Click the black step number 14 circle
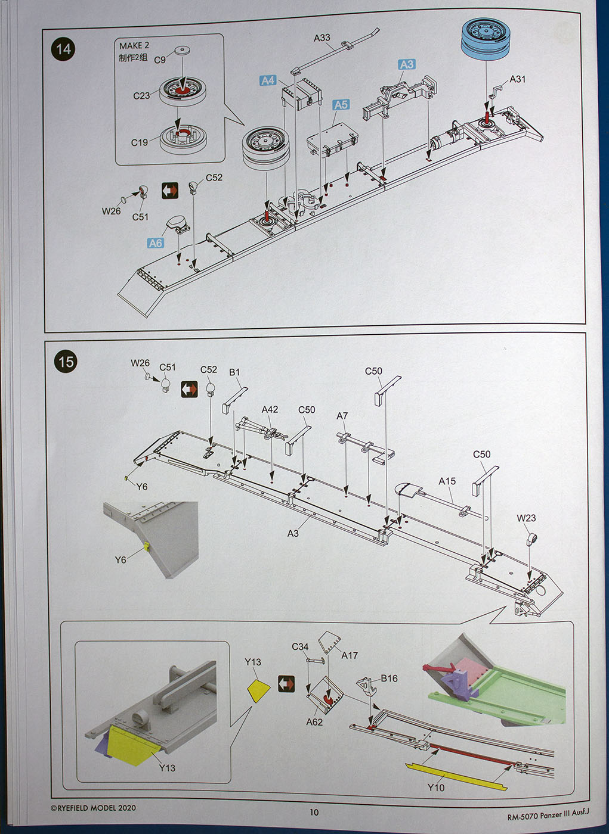tap(64, 49)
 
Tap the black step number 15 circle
tap(66, 362)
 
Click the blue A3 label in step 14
tap(406, 64)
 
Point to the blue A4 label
tap(268, 80)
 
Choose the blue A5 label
tap(340, 105)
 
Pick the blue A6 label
tap(155, 243)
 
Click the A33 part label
tap(321, 38)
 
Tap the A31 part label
tap(517, 79)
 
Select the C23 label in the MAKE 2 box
tap(141, 95)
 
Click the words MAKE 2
tap(134, 46)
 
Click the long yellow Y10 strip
tap(456, 776)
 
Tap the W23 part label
tap(526, 518)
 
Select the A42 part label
tap(270, 409)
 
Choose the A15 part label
tap(447, 481)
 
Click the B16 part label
tap(389, 678)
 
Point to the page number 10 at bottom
tap(314, 812)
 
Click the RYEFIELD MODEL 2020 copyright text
tap(93, 808)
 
